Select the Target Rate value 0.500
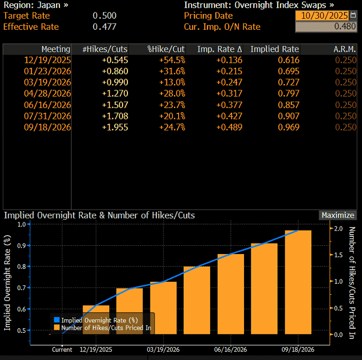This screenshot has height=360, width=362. tap(104, 16)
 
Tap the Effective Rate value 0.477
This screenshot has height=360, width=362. tap(104, 27)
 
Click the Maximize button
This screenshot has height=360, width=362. tap(337, 215)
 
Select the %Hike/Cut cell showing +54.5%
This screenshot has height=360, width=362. tap(172, 60)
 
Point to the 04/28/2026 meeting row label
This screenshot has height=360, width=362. tap(48, 93)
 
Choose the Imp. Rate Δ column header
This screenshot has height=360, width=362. tap(219, 49)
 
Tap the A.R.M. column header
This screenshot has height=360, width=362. tap(345, 49)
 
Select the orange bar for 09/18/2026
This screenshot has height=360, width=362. tap(297, 282)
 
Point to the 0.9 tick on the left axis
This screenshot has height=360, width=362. tap(21, 245)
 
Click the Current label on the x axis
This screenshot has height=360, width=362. tap(62, 350)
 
